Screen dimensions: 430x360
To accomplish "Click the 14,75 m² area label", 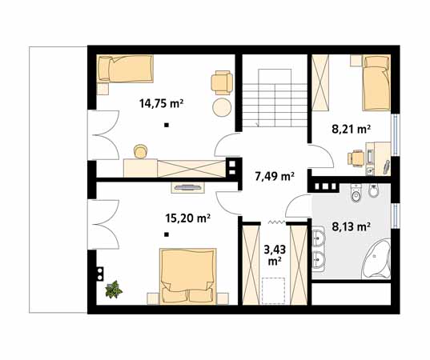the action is pos(161,103).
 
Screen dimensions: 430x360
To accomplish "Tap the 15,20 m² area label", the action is pos(188,218).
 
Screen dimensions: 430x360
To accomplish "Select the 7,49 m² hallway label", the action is pos(275,177).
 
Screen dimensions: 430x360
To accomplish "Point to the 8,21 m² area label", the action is pos(352,129).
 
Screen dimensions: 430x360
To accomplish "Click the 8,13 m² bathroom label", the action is pos(352,226).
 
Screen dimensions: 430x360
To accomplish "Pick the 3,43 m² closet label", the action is pos(275,255).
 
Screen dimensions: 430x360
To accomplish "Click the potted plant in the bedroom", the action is pos(114,290).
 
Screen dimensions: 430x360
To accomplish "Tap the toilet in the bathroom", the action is pos(356,193).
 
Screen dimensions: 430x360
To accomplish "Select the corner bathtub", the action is pos(376,259).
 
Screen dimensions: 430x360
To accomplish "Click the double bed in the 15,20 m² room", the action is pos(188,277).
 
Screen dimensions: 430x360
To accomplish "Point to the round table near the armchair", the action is pos(222,108).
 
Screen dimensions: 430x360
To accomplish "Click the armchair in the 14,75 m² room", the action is pos(222,82).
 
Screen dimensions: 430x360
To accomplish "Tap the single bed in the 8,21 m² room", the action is pos(376,83).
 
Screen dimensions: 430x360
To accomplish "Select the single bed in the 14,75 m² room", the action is pos(126,69).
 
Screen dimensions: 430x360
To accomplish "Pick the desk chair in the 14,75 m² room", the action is pos(140,151).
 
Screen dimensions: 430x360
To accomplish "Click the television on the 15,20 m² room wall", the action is pos(188,188).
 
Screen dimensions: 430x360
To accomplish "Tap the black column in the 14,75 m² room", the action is pos(167,126).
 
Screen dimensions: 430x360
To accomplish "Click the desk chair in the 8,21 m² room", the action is pos(356,158).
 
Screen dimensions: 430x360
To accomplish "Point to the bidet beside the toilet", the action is pos(373,190).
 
